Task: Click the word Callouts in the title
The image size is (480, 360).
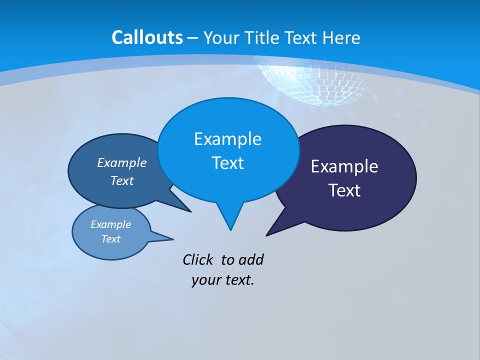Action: [147, 37]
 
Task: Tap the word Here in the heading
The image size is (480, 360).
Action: [341, 37]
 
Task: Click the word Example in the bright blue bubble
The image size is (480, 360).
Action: [227, 139]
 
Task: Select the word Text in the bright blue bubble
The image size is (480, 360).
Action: [227, 163]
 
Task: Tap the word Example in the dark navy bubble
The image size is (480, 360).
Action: [344, 166]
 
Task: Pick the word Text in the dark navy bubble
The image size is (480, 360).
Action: [344, 190]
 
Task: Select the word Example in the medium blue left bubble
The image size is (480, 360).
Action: [122, 162]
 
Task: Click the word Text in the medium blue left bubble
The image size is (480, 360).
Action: [122, 180]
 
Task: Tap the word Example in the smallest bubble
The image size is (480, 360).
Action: [111, 224]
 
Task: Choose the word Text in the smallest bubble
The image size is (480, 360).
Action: [111, 239]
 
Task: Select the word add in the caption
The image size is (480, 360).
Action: [251, 259]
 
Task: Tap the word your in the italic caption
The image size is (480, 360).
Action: [205, 280]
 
